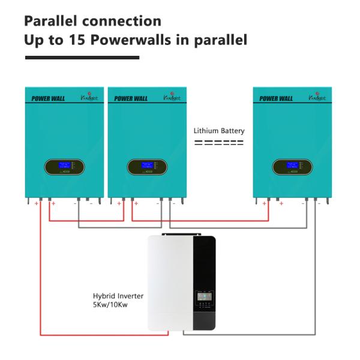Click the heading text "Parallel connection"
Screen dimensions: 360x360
(x=92, y=21)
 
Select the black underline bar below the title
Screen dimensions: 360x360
(x=82, y=58)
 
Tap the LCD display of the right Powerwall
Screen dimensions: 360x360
(x=292, y=166)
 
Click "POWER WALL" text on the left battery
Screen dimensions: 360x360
(x=48, y=98)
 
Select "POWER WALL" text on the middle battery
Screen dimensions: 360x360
(x=131, y=98)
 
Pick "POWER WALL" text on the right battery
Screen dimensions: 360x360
(x=276, y=98)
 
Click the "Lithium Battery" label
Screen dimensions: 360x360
(x=218, y=131)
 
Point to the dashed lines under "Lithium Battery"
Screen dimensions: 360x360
(x=218, y=143)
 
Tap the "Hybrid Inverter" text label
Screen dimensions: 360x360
(x=118, y=296)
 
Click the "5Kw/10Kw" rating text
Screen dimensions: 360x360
(x=111, y=305)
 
